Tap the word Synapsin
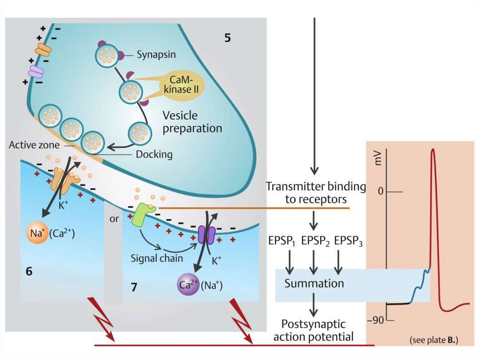pyautogui.click(x=156, y=54)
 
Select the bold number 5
pyautogui.click(x=227, y=38)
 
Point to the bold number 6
pyautogui.click(x=29, y=271)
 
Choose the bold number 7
pyautogui.click(x=134, y=287)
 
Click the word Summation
pyautogui.click(x=314, y=283)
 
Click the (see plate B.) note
pyautogui.click(x=434, y=339)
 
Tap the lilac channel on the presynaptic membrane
pyautogui.click(x=35, y=71)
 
